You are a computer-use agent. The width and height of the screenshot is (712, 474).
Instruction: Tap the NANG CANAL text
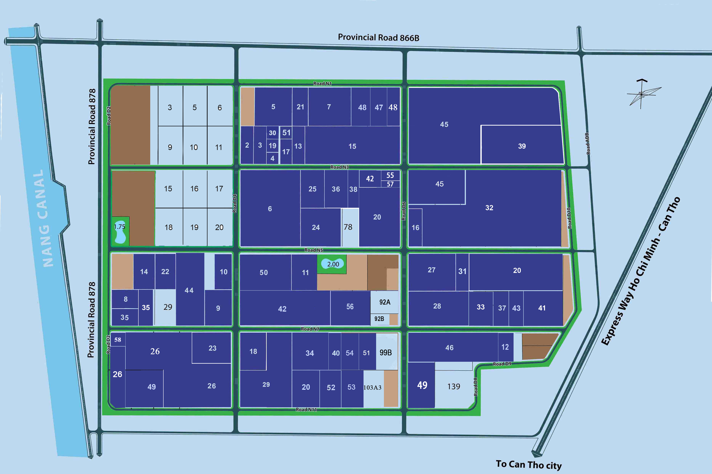tap(44, 218)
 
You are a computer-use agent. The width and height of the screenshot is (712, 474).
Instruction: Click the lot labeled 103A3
tap(372, 387)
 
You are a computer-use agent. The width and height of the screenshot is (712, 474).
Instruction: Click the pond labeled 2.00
tap(333, 264)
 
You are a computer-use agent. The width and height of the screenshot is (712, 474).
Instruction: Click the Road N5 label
tap(314, 250)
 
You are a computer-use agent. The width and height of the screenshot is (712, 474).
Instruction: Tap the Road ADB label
tap(588, 144)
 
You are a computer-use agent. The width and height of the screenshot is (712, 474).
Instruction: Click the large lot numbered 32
tap(489, 208)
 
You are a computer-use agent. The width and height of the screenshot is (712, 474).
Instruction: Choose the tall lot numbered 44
tap(189, 290)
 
